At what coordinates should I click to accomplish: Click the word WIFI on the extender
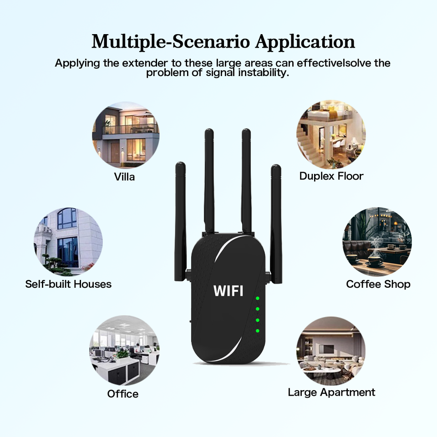(x=228, y=290)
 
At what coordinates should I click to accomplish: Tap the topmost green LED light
(x=258, y=299)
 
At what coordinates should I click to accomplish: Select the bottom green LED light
(x=258, y=330)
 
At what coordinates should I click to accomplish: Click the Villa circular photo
(x=126, y=135)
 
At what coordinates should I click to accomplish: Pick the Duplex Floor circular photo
(x=331, y=135)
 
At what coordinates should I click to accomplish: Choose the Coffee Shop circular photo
(x=376, y=242)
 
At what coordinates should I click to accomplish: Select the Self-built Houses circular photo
(x=68, y=242)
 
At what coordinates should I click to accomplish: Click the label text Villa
(x=124, y=177)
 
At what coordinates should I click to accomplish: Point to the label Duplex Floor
(x=331, y=176)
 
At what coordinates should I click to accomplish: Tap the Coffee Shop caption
(x=378, y=284)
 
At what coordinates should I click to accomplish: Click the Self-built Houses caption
(x=68, y=284)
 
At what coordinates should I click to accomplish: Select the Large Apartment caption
(x=331, y=392)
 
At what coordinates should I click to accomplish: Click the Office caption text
(x=123, y=394)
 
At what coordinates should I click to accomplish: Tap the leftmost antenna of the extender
(x=180, y=218)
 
